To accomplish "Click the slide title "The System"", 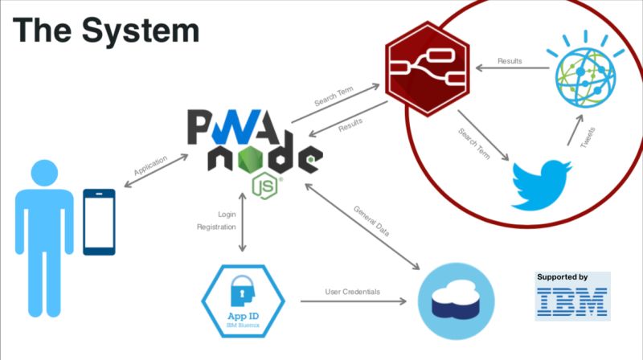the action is click(106, 31).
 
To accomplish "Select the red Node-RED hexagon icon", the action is click(428, 69).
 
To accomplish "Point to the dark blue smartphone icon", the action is click(99, 222).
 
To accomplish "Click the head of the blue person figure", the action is click(44, 173).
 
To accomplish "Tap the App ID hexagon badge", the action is click(244, 301).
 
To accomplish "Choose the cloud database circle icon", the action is click(456, 301).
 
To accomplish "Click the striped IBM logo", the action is click(572, 302).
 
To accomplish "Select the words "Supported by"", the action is click(562, 277).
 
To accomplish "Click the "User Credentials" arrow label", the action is click(353, 292).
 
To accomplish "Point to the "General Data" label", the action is click(371, 221).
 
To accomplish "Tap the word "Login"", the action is click(227, 214).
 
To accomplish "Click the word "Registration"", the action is click(216, 227).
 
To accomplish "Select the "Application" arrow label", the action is click(150, 166).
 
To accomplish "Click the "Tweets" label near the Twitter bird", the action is click(588, 137).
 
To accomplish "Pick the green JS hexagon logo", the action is click(265, 186).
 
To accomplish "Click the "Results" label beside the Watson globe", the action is click(510, 61).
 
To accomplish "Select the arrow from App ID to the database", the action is click(354, 301).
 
